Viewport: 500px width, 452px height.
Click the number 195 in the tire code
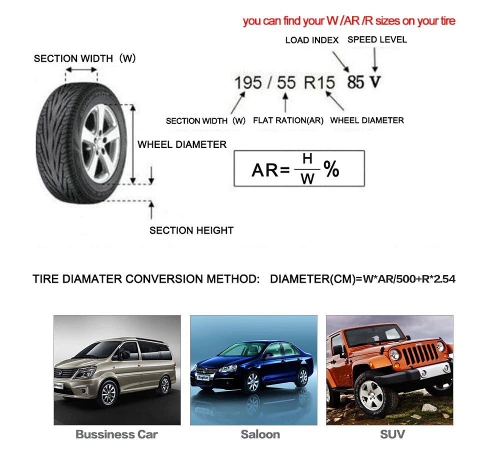tap(248, 83)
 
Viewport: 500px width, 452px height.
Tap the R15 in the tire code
tap(319, 83)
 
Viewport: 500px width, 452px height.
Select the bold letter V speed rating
tap(375, 82)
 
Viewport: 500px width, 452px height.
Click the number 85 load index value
tap(355, 82)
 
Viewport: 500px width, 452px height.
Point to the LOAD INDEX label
tap(311, 40)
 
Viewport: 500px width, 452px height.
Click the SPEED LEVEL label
tap(377, 39)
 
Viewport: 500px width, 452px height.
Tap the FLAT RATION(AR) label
tap(288, 120)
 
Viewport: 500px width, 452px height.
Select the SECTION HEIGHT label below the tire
tap(191, 230)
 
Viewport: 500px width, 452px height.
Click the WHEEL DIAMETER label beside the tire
tap(182, 144)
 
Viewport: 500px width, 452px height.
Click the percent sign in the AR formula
tap(331, 170)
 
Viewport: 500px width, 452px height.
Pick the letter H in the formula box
tap(307, 159)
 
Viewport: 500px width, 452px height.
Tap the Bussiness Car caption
tap(116, 434)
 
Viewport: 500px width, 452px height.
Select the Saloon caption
tap(260, 434)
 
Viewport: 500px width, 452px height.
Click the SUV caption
tap(392, 434)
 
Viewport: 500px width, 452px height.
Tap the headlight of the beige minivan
tap(85, 372)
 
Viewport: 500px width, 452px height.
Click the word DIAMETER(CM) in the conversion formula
tap(311, 279)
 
